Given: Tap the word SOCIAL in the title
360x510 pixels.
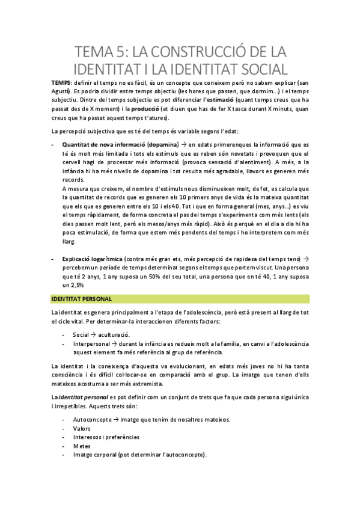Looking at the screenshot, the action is [x=250, y=67].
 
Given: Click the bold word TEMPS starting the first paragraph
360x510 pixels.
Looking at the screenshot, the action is [x=60, y=82].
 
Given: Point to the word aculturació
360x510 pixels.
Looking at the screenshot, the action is [x=118, y=334].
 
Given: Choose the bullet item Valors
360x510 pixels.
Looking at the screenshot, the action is [x=82, y=428].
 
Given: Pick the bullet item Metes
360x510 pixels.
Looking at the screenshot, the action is [x=82, y=446].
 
